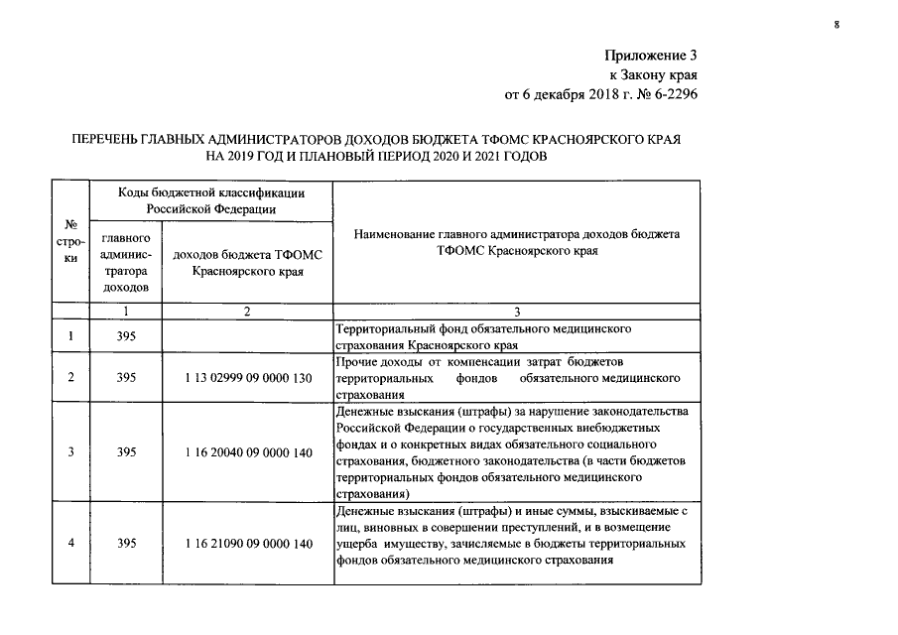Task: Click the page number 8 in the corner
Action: [x=836, y=25]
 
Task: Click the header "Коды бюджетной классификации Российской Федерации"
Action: [x=209, y=200]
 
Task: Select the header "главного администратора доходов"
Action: [x=125, y=263]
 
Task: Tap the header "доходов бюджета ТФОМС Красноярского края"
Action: [x=247, y=263]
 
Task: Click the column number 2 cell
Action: [x=247, y=312]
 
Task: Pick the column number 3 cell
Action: [x=517, y=312]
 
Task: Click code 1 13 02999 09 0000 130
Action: [x=247, y=378]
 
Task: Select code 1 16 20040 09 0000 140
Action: [x=247, y=452]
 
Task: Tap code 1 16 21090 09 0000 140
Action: [x=247, y=544]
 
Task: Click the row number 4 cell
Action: [x=70, y=544]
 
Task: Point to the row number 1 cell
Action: [x=70, y=336]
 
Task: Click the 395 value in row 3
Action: [x=125, y=452]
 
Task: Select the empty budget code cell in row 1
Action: [x=247, y=336]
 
